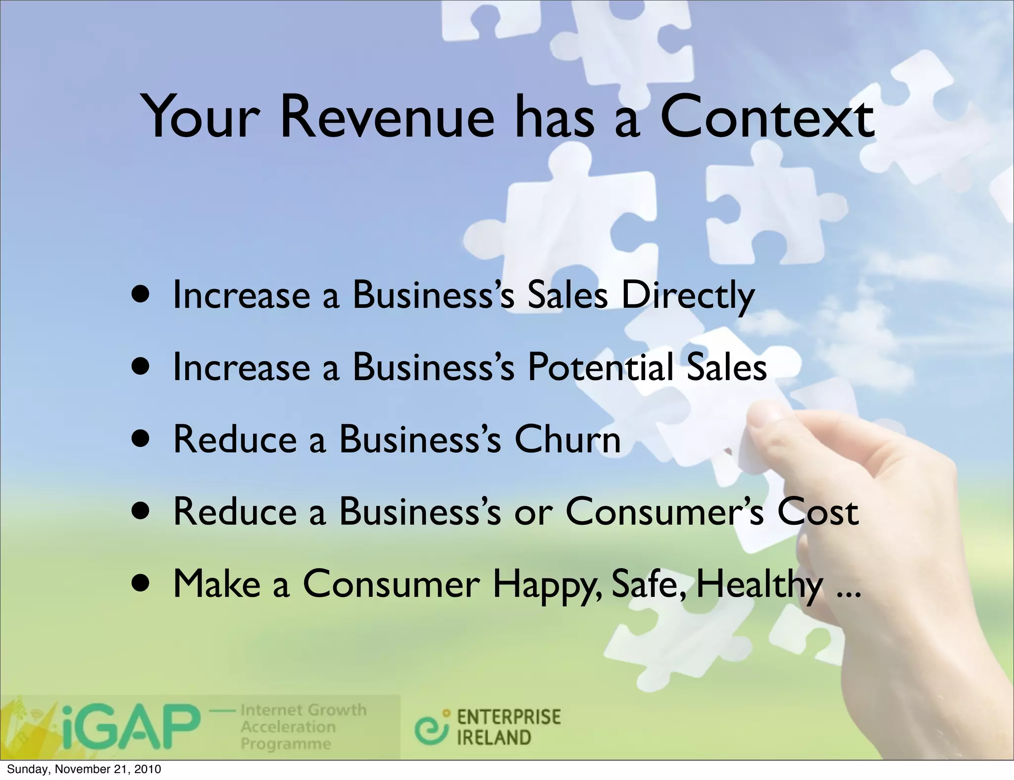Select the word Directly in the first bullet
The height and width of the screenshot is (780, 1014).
click(688, 296)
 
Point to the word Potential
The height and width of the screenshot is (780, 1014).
click(600, 367)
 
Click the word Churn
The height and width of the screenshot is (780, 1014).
click(567, 439)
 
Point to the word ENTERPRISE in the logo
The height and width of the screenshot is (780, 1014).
click(508, 717)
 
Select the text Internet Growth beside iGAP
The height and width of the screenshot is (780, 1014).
click(303, 710)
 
